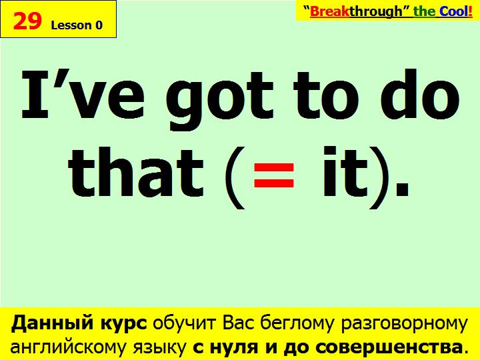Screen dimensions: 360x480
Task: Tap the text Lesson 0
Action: (77, 25)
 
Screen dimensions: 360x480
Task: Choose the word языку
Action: (159, 347)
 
